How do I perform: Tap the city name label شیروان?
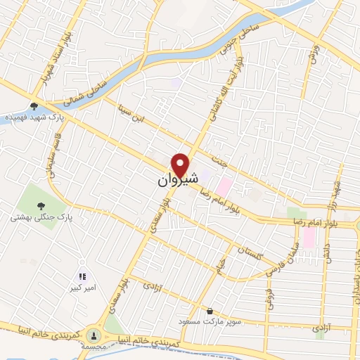coord(171,181)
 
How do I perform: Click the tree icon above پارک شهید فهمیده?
coord(33,107)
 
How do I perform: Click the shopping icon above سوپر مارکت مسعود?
coord(210,310)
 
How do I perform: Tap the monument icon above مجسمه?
coord(93,334)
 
